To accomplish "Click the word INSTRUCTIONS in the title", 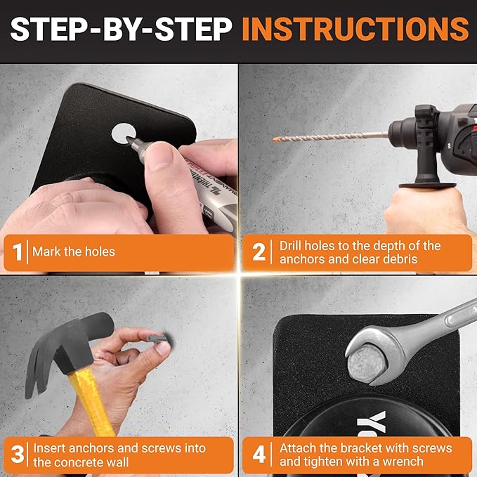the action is pos(355,29).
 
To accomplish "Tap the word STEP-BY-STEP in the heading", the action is pos(121,29).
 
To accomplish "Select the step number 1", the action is pos(18,252).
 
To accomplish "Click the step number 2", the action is pos(259,252).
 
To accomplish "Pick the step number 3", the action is pos(18,455).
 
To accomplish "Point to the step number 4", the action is pos(259,455).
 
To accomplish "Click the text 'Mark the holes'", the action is pos(74,252).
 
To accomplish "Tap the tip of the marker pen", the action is pos(129,140).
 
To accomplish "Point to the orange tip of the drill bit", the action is pos(277,140).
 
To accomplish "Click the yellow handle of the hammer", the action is pos(91,402).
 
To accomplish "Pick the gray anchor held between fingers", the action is pos(157,339).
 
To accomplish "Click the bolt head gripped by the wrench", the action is pos(367,363).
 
